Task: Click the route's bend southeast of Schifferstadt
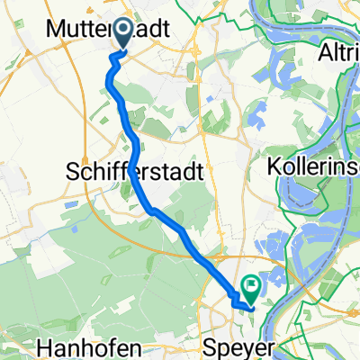(153, 211)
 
